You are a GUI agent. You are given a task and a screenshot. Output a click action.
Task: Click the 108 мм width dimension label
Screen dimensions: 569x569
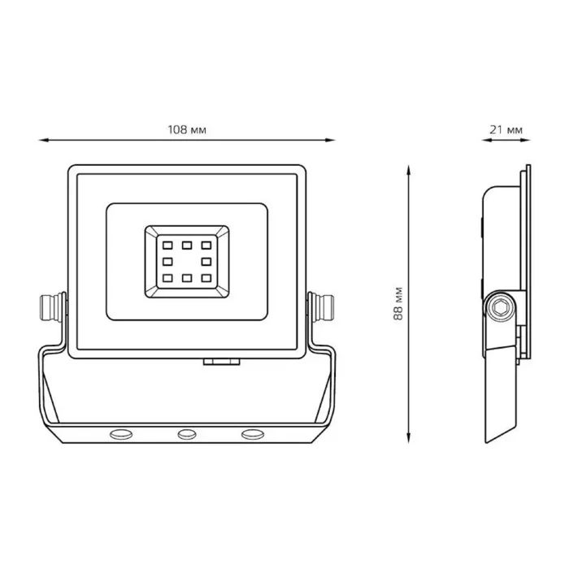click(x=187, y=129)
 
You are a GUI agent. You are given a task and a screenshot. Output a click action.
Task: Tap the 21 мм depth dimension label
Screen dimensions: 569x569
click(x=506, y=129)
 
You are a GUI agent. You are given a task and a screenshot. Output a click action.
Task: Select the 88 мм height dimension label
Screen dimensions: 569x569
click(x=398, y=303)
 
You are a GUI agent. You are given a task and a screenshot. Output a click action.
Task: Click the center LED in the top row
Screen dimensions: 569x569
click(x=187, y=245)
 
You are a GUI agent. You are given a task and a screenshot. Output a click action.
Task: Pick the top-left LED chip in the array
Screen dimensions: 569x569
click(x=167, y=245)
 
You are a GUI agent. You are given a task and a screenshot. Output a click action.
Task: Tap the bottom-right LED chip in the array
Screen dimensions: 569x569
click(x=206, y=278)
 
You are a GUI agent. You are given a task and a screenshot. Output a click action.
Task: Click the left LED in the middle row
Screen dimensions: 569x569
click(x=167, y=261)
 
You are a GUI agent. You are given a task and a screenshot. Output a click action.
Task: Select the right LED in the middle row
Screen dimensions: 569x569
click(x=206, y=261)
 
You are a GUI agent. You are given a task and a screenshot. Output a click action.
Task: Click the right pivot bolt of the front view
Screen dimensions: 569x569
click(x=321, y=308)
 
